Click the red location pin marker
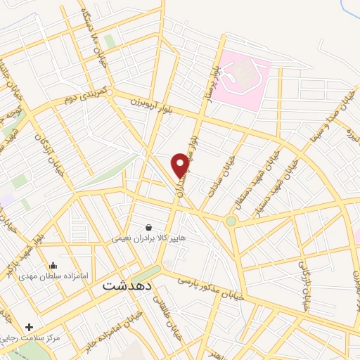[181, 166]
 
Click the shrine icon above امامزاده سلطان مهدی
[53, 266]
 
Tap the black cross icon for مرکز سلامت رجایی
[29, 327]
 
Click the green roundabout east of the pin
[231, 221]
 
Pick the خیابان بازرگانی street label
[304, 285]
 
